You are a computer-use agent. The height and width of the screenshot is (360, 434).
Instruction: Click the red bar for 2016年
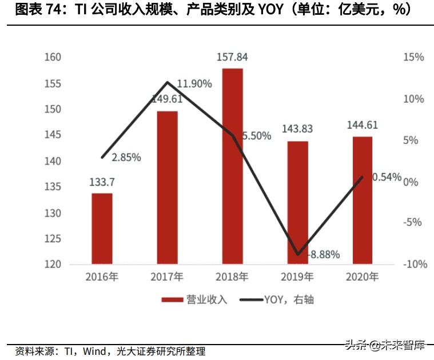pos(102,229)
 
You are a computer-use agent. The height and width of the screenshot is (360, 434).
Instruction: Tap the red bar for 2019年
pos(297,203)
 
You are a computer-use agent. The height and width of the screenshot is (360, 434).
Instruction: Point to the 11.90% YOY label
pos(194,84)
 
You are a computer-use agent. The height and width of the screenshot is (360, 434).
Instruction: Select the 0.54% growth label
pos(387,177)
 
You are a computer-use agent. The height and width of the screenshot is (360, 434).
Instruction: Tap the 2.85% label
pos(126,157)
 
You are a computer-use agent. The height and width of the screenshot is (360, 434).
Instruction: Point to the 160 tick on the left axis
pos(52,58)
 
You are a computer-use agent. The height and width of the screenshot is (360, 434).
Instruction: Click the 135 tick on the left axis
pos(52,187)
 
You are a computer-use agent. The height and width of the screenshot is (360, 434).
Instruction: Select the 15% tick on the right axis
pos(413,58)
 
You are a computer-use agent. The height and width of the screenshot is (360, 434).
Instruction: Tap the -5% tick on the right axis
pos(413,223)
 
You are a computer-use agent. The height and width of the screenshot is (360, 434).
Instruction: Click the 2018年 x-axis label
pos(232,278)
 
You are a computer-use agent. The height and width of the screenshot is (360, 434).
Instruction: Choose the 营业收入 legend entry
pos(194,299)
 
